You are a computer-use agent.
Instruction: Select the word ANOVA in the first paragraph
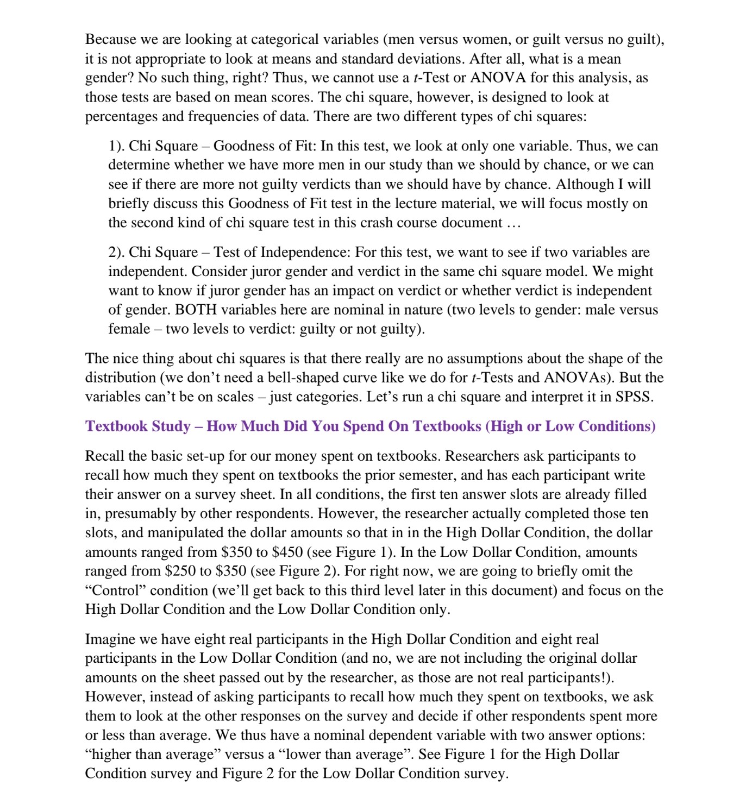point(498,78)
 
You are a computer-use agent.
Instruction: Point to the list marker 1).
point(116,146)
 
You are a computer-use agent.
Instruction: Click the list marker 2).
point(116,252)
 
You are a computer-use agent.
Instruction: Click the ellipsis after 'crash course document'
point(513,223)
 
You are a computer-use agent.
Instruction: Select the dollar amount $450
point(287,552)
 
